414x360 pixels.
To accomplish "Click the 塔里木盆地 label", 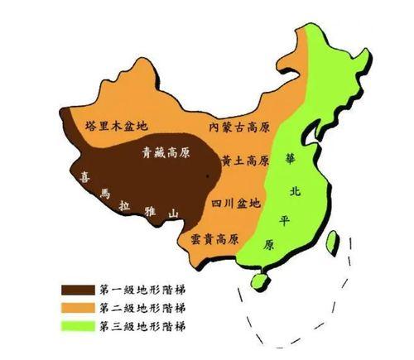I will click(116, 127).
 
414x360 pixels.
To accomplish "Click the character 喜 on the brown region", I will click(84, 176).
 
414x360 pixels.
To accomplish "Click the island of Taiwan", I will click(335, 242).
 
